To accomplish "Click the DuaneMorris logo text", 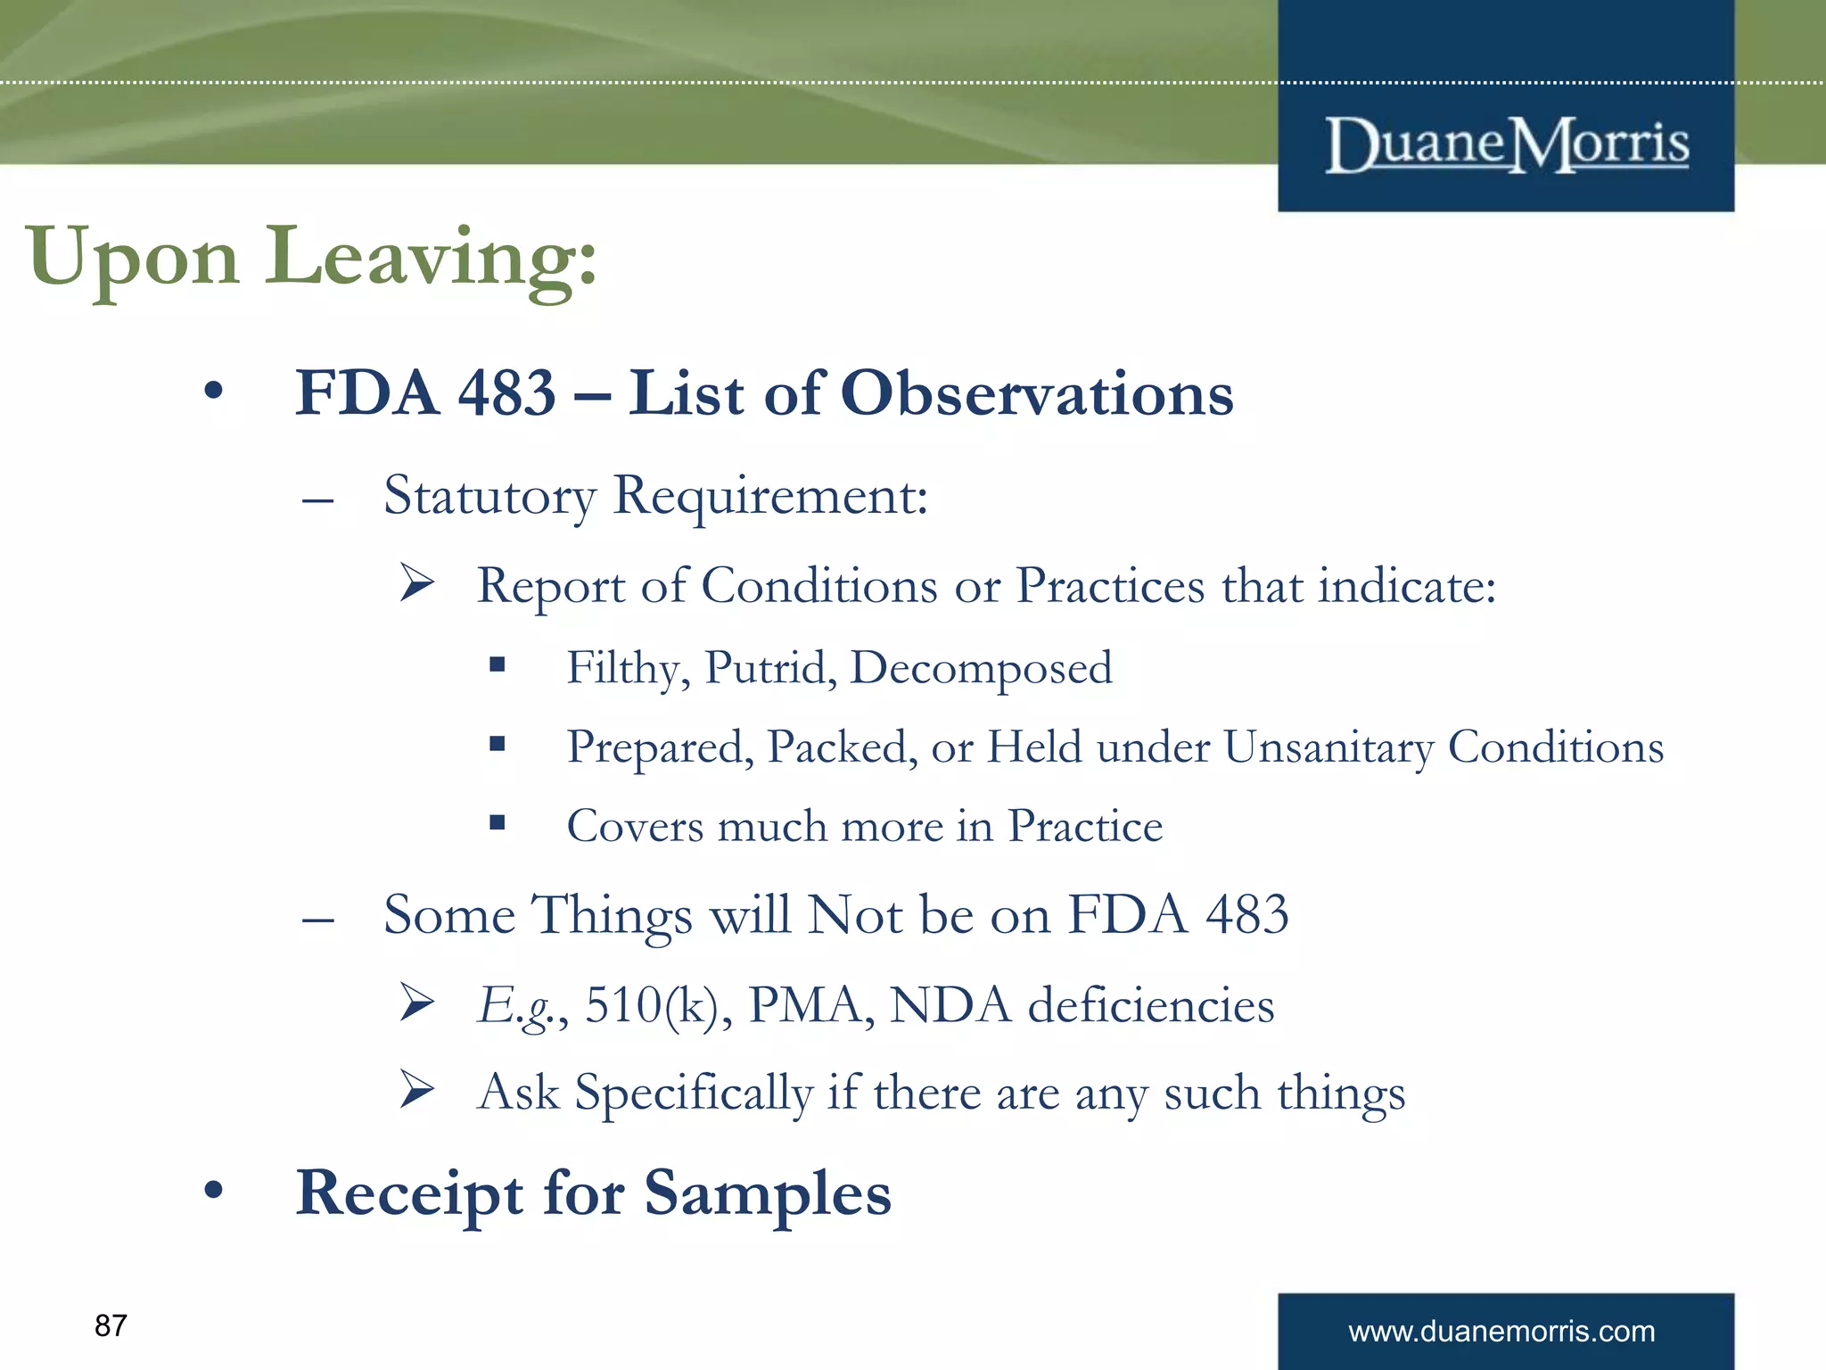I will coord(1506,144).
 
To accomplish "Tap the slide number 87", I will coord(111,1325).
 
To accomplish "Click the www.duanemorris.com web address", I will coord(1501,1332).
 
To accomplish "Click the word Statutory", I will coord(489,496).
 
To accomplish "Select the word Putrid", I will coord(770,668).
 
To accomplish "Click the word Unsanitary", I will coord(1328,747).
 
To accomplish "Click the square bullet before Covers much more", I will coord(498,822).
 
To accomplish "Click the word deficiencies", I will coord(1150,1006).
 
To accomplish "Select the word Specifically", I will coord(693,1094).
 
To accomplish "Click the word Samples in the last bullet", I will coord(767,1193).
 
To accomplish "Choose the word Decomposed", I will coord(981,668).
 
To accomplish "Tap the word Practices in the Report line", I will coord(1110,587).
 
